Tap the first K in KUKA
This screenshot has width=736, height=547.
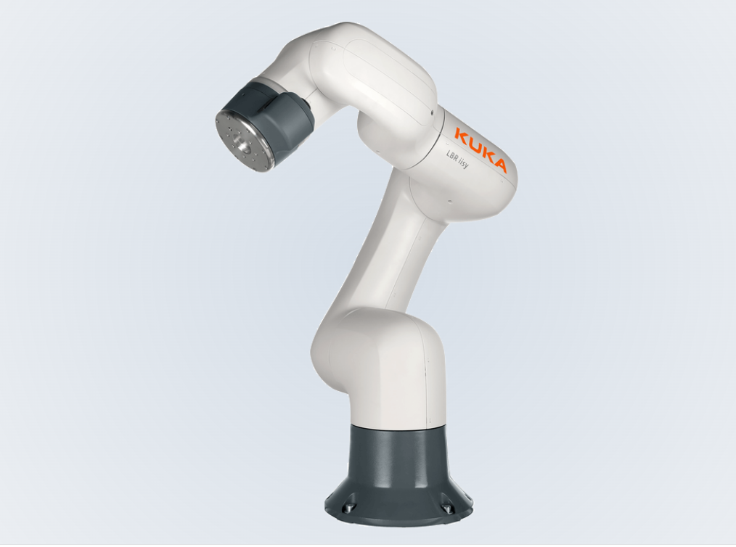pos(460,133)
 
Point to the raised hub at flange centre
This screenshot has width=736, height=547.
pos(240,143)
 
